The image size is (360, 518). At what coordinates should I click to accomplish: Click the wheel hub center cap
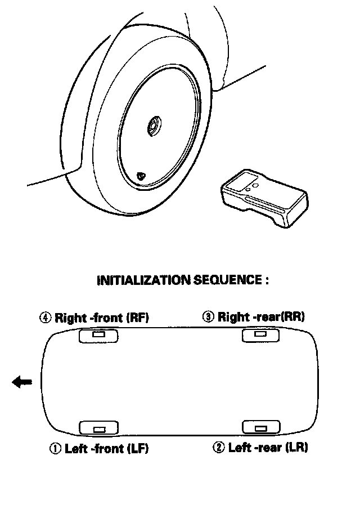154,126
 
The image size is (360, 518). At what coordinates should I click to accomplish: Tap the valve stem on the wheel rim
141,176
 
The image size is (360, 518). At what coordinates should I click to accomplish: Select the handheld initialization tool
264,198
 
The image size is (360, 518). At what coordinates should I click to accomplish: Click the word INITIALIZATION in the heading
144,280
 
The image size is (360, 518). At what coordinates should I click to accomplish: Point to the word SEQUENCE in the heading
228,280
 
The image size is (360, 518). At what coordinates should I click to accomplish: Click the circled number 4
46,318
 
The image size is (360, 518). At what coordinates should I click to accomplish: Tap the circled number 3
208,316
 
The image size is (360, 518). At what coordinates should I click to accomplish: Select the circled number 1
56,448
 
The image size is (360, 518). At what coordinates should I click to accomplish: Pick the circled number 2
218,447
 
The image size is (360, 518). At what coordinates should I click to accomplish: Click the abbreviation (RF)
138,318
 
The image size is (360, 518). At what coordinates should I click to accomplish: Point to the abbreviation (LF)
138,448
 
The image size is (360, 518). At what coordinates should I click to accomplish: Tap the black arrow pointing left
22,382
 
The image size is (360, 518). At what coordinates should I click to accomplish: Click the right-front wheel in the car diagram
98,336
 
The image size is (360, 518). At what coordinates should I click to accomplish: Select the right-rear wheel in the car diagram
260,335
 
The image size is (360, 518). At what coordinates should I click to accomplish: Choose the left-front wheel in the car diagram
98,428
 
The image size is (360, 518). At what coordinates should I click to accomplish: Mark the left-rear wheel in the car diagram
261,427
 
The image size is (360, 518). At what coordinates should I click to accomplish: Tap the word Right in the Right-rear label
234,316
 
